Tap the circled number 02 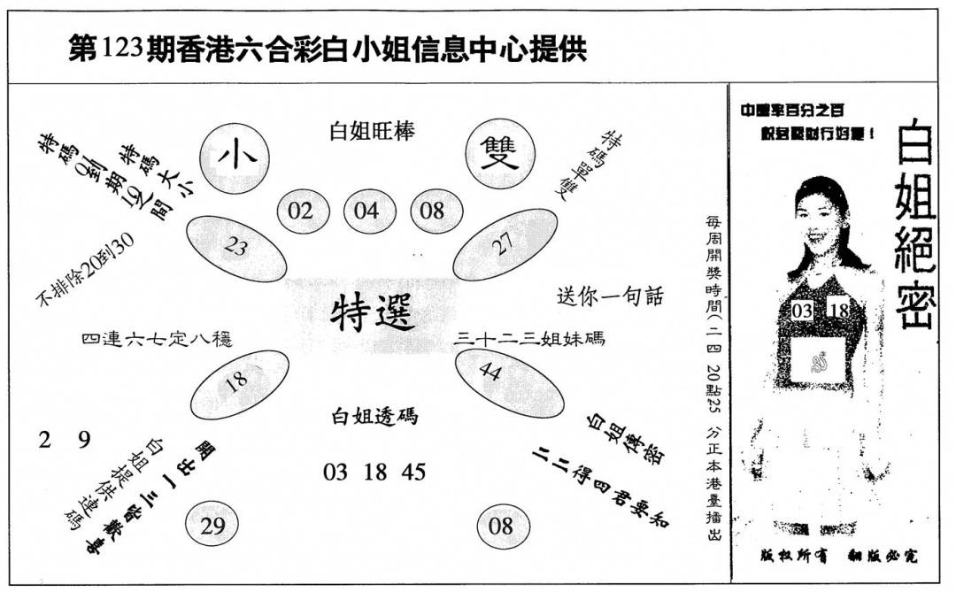301,211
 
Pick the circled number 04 366,211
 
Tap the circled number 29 212,527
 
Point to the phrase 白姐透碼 374,416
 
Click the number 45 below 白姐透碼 413,472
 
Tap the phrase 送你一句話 610,296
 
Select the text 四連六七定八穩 156,338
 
